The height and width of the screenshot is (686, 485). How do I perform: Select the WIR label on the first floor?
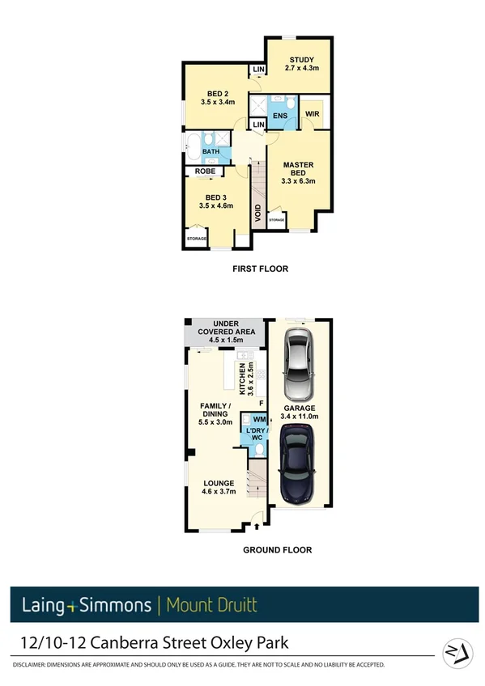click(313, 116)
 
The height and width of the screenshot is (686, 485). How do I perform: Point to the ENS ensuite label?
click(279, 116)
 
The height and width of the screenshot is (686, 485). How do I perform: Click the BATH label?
click(211, 151)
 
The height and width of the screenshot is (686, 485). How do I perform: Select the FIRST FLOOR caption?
click(260, 267)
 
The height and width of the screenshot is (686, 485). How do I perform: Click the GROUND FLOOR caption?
click(278, 550)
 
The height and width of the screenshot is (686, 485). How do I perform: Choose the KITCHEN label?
click(240, 379)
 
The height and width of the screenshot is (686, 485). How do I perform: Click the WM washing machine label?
click(259, 419)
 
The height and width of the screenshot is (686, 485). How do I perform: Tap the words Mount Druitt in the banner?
click(211, 604)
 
